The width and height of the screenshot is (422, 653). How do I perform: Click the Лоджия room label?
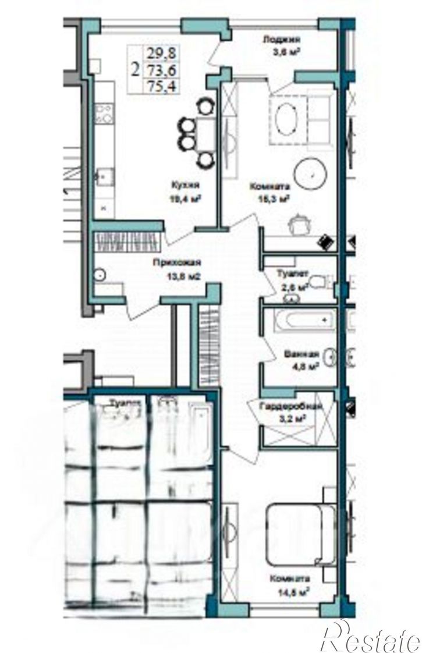[x=282, y=40]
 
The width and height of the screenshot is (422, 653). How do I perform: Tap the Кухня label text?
[x=186, y=185]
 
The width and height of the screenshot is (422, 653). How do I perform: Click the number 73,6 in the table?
[x=163, y=70]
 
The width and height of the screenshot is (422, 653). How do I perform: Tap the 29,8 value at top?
[x=163, y=55]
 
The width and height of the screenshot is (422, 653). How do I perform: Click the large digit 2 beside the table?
[x=135, y=70]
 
